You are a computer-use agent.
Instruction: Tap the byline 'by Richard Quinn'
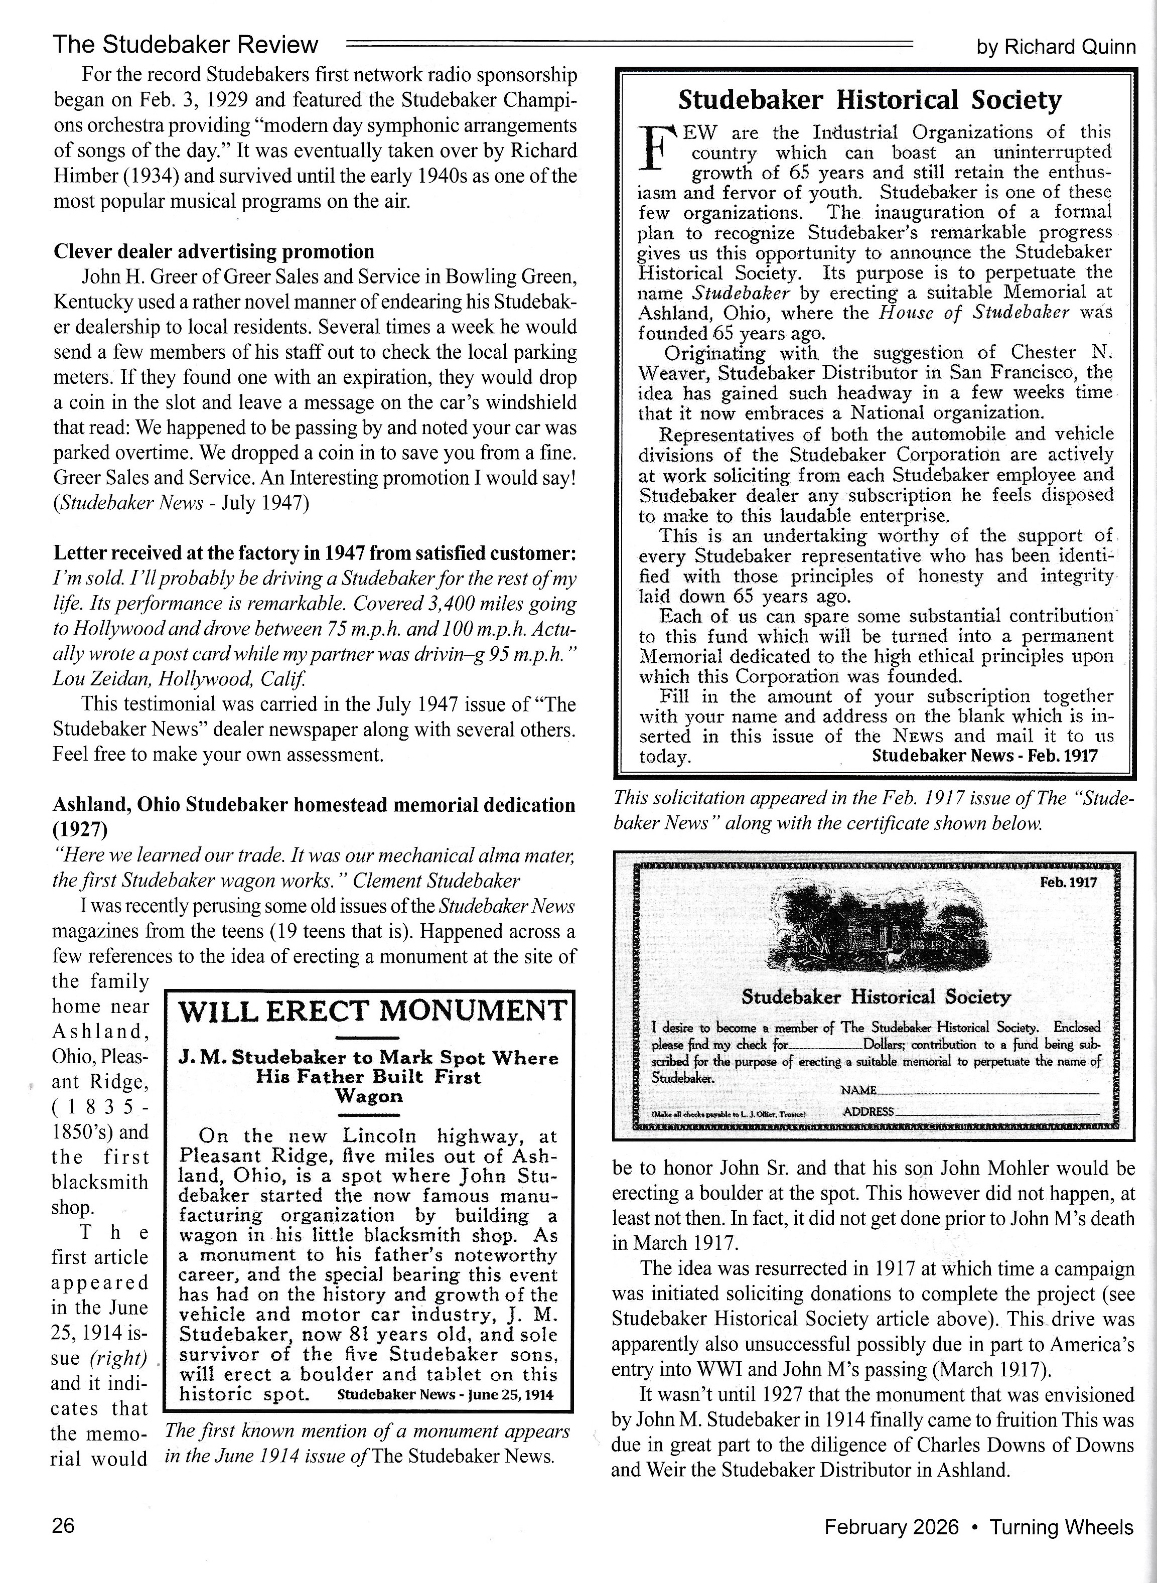pyautogui.click(x=1056, y=47)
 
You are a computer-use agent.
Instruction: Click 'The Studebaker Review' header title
pyautogui.click(x=186, y=45)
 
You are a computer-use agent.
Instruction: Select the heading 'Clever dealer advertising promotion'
pyautogui.click(x=214, y=251)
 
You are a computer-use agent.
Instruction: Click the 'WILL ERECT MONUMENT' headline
pyautogui.click(x=372, y=1011)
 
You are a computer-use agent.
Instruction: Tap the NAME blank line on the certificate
pyautogui.click(x=987, y=1093)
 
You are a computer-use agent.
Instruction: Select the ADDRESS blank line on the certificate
pyautogui.click(x=997, y=1113)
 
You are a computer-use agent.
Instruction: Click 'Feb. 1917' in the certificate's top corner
pyautogui.click(x=1068, y=883)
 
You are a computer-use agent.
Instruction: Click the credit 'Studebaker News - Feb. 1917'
pyautogui.click(x=985, y=755)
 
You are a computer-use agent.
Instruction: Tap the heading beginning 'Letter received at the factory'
pyautogui.click(x=315, y=553)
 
